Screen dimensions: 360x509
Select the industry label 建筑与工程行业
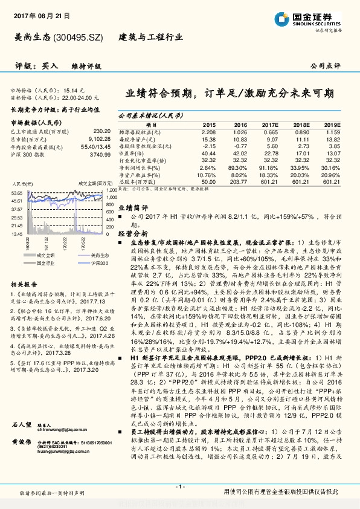pyautogui.click(x=146, y=37)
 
